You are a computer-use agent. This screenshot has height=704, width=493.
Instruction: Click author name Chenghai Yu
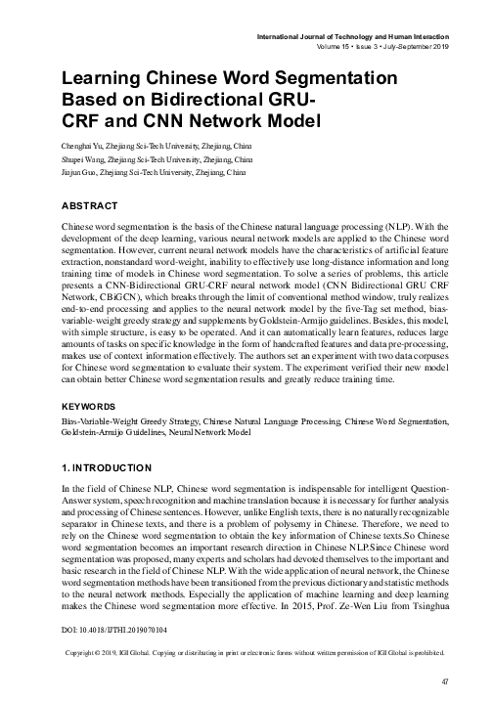tap(81, 143)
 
